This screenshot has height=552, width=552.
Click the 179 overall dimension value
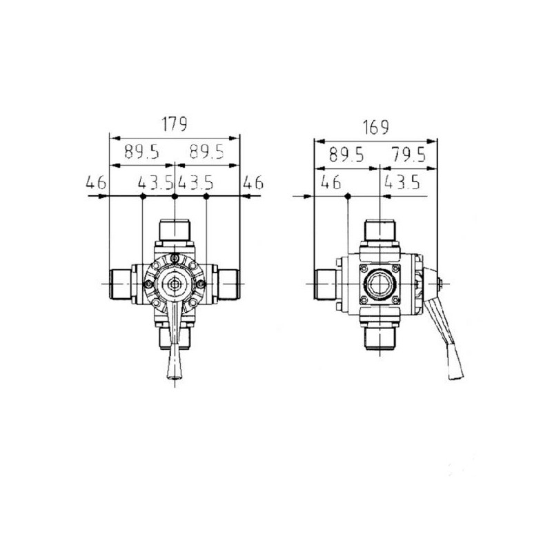(175, 124)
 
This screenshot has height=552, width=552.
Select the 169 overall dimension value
(376, 128)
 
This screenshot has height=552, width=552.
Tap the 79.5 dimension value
(408, 155)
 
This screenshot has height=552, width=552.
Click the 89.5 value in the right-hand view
(346, 155)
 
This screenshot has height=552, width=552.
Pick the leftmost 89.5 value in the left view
(142, 152)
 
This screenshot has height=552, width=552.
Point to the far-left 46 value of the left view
(96, 182)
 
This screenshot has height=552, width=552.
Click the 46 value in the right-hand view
(331, 182)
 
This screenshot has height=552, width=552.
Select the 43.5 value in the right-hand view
(402, 182)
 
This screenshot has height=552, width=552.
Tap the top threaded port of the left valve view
(175, 230)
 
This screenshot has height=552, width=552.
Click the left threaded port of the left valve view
(121, 284)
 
